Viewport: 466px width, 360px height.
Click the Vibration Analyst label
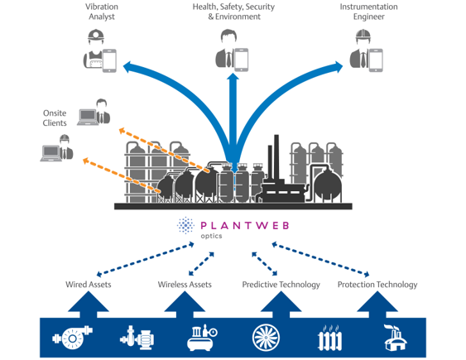(101, 12)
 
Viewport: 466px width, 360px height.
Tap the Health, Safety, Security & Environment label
(233, 12)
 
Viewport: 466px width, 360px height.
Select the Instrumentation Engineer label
(368, 12)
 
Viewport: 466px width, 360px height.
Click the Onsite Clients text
(55, 118)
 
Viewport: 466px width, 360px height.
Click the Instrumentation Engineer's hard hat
(361, 36)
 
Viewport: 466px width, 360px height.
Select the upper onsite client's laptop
(86, 117)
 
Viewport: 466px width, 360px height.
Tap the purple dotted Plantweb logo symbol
(186, 226)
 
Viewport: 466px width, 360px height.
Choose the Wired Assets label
(89, 285)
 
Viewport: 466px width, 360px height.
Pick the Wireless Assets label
(185, 285)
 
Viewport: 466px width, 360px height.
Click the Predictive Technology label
(281, 285)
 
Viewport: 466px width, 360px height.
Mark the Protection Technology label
(377, 285)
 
